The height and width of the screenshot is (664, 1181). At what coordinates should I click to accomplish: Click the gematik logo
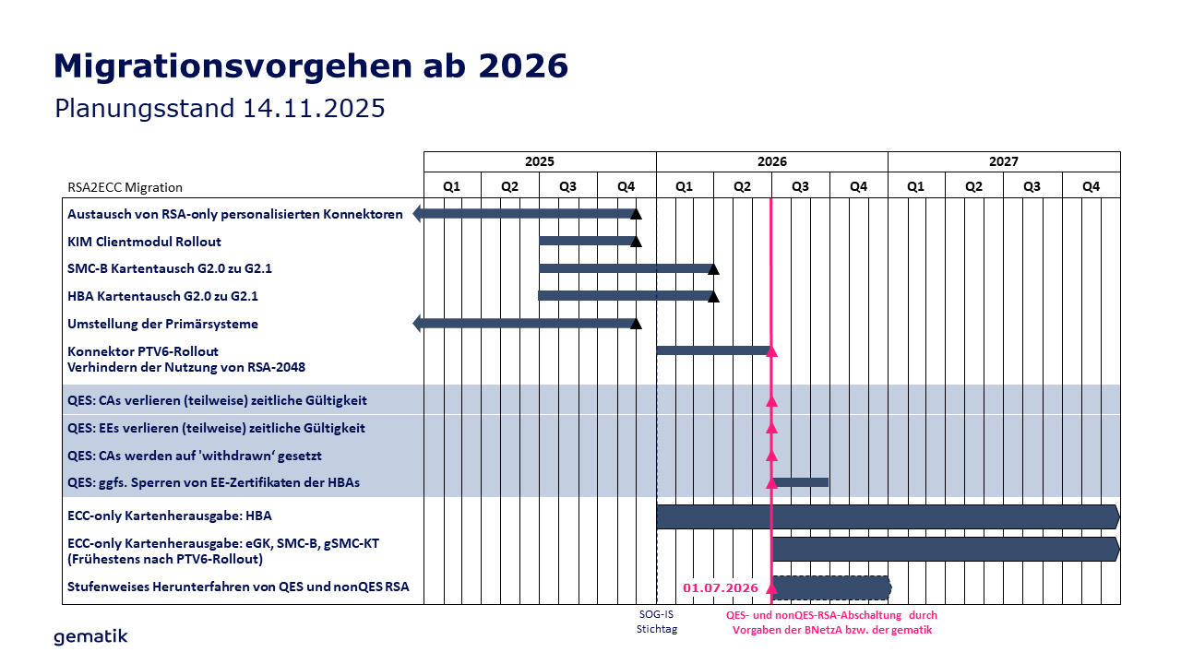[x=90, y=636]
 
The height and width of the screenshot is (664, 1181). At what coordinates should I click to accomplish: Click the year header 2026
[x=771, y=161]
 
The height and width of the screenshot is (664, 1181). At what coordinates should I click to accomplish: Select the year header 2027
[x=1003, y=161]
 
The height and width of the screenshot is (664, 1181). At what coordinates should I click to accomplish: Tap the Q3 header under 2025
[x=567, y=185]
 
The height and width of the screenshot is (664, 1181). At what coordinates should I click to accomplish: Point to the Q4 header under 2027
[x=1091, y=185]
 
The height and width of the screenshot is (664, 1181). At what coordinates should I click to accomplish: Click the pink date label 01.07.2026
[x=721, y=587]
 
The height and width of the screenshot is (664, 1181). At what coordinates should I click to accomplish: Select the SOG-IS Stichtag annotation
[x=656, y=622]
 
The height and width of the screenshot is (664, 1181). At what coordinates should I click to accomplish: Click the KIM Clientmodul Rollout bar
[x=586, y=241]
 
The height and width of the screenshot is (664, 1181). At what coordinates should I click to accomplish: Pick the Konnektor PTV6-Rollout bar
[x=711, y=350]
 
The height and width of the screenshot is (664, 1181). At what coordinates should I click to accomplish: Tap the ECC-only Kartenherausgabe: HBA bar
[x=886, y=516]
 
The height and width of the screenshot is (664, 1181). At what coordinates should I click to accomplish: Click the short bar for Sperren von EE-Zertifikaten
[x=801, y=482]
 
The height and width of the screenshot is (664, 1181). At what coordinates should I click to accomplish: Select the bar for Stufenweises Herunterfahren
[x=830, y=587]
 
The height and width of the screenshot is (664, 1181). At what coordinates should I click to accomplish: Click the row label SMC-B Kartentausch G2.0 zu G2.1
[x=170, y=269]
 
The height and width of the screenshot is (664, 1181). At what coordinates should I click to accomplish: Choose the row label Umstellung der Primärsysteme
[x=162, y=325]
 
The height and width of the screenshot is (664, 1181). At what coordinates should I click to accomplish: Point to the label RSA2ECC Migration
[x=125, y=187]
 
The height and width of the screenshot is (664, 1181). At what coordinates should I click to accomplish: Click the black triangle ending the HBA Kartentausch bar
[x=713, y=296]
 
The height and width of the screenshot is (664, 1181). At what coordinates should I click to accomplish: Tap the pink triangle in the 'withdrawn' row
[x=772, y=456]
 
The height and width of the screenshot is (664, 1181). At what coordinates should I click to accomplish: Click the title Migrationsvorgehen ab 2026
[x=311, y=66]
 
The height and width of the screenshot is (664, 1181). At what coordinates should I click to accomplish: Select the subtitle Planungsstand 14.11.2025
[x=220, y=108]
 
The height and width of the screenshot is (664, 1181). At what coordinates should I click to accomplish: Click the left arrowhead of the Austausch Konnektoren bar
[x=418, y=214]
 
